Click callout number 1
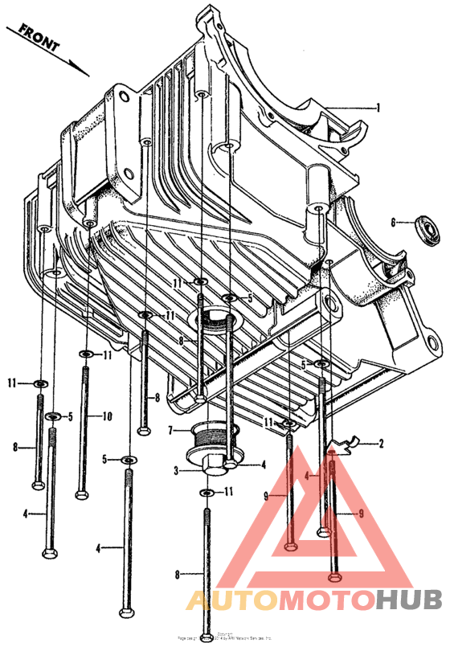tap(378, 107)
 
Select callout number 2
tap(381, 443)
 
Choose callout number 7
tap(170, 430)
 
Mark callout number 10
tap(107, 416)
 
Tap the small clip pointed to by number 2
tap(346, 444)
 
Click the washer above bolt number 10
tap(85, 354)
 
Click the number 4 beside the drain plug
tap(263, 465)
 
